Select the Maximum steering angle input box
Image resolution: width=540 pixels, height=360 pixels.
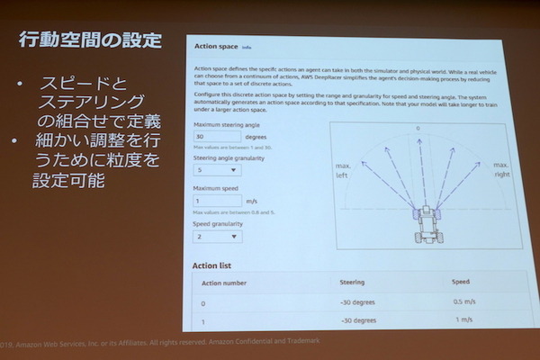(x=211, y=136)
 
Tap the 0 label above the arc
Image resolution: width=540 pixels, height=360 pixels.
(x=418, y=129)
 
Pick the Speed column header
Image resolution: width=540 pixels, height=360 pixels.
(x=461, y=282)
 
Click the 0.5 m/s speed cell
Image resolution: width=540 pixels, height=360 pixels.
(x=463, y=301)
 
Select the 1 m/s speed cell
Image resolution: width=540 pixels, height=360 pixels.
(x=464, y=320)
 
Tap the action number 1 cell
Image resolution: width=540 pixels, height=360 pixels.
(x=204, y=321)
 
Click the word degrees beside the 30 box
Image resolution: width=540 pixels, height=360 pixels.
(x=248, y=137)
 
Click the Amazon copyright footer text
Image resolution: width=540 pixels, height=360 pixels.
(x=135, y=343)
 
